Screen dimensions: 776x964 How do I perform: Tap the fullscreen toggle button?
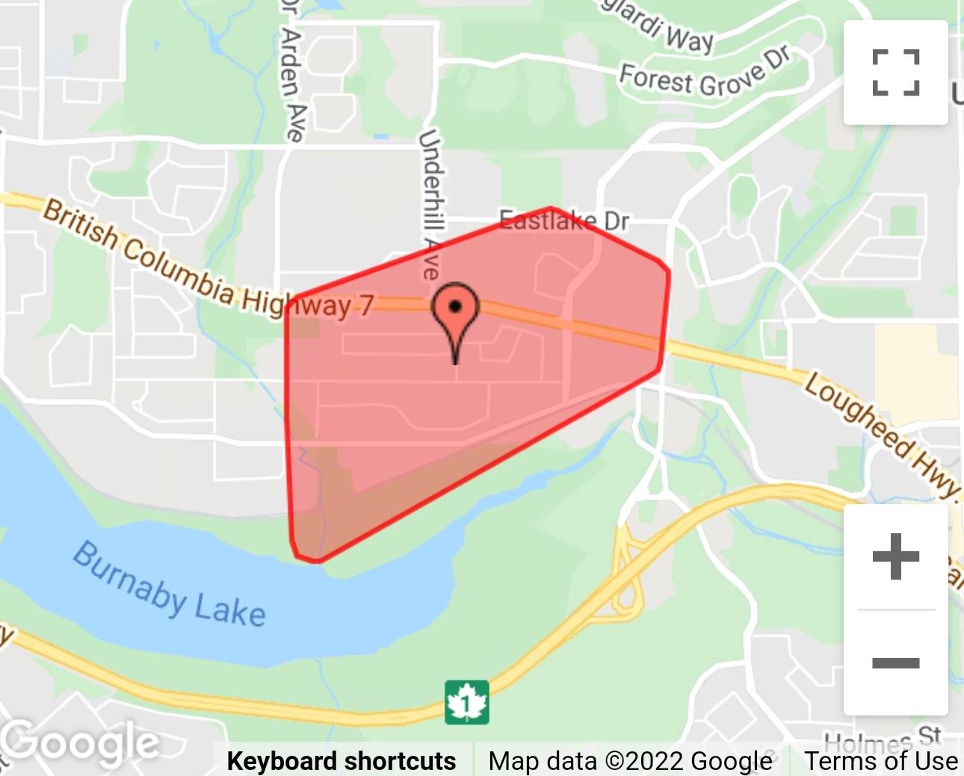pos(895,72)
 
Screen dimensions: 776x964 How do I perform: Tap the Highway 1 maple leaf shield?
pos(467,702)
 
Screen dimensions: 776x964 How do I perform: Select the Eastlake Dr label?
pos(564,220)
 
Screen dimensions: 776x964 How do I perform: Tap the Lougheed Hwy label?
pos(883,433)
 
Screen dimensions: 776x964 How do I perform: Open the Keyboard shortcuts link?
pos(342,760)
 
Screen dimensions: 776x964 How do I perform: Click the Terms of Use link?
pos(881,760)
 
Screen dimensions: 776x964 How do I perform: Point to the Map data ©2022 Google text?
pos(630,760)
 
